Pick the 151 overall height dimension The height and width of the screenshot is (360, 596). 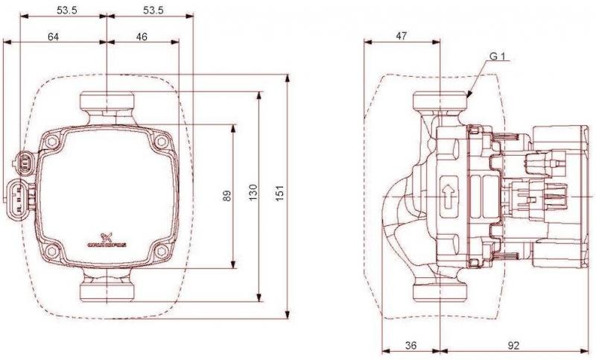(280, 196)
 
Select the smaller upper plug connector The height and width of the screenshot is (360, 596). (25, 160)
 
